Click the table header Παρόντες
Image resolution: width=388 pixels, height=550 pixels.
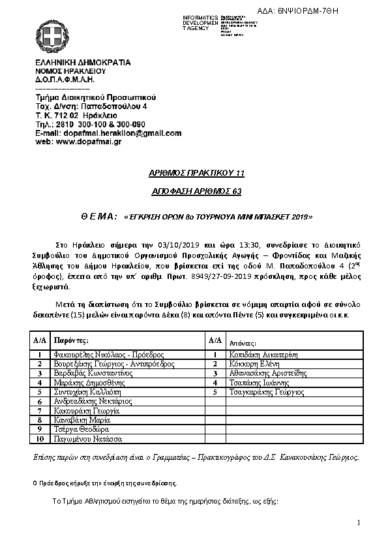[71, 340]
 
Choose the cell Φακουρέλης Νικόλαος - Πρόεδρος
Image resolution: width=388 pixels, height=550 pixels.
[100, 354]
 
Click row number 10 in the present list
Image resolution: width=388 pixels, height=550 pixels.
[40, 440]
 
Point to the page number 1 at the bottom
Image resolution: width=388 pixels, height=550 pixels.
[359, 523]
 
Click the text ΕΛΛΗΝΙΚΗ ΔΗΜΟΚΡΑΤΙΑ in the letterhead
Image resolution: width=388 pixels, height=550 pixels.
[83, 63]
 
